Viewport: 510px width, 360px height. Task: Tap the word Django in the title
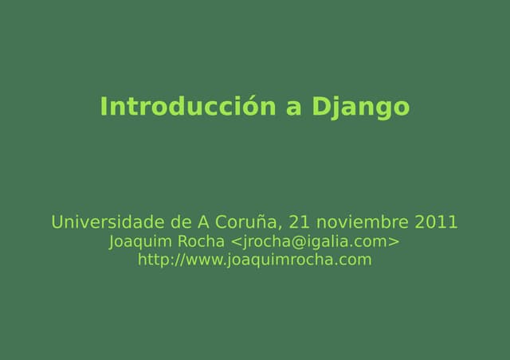pos(359,107)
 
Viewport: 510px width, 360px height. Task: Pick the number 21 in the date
pos(298,221)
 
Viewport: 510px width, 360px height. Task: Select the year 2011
pos(436,221)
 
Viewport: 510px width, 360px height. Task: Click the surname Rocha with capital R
pos(201,241)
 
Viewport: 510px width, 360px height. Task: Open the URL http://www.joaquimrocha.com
pos(254,260)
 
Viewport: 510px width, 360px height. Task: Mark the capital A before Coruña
pos(203,221)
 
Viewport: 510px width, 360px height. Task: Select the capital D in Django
pos(319,107)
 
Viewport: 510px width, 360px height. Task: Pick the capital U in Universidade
pos(57,221)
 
